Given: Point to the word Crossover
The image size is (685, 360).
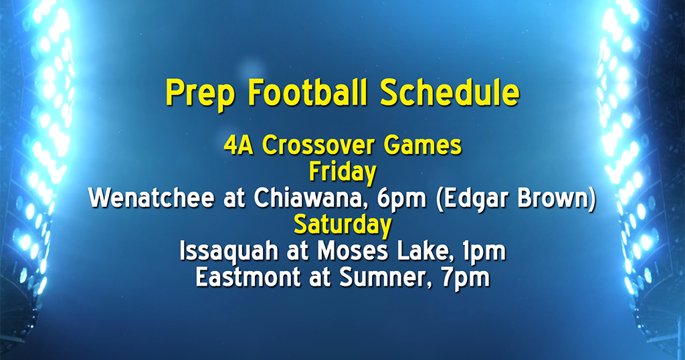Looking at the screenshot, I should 316,146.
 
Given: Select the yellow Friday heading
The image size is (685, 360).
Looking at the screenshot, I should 342,172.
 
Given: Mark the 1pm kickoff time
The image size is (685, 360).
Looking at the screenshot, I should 483,252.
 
